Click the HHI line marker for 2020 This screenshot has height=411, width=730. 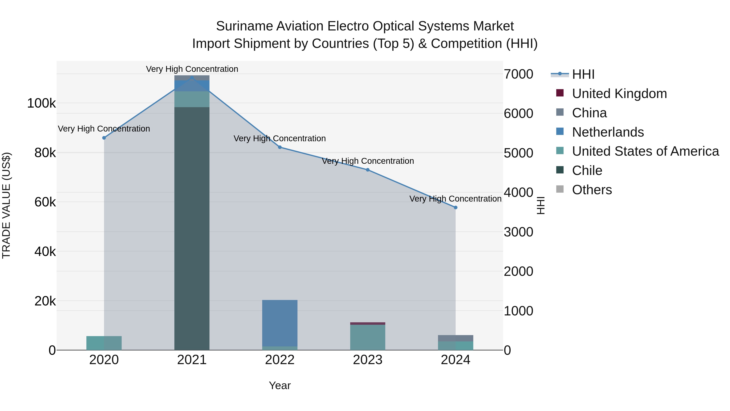(x=104, y=138)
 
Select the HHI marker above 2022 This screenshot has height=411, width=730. (x=280, y=147)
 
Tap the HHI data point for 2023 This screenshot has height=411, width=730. (x=368, y=170)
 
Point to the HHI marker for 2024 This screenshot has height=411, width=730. (x=455, y=208)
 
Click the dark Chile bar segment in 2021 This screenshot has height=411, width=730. (x=192, y=227)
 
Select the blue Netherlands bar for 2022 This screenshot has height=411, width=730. (x=280, y=323)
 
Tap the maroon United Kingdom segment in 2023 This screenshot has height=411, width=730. (x=368, y=323)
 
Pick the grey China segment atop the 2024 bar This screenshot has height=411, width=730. (x=455, y=338)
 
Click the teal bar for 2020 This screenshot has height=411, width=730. (x=104, y=343)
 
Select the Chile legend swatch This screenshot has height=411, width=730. (x=560, y=170)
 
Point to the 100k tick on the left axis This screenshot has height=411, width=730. (x=41, y=103)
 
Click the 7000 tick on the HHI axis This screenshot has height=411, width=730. (x=518, y=74)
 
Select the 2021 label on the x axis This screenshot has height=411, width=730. (x=192, y=360)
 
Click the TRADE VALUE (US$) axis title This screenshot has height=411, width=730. (x=6, y=205)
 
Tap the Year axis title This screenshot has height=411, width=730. (x=280, y=385)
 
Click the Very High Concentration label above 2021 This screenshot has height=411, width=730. (x=192, y=69)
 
